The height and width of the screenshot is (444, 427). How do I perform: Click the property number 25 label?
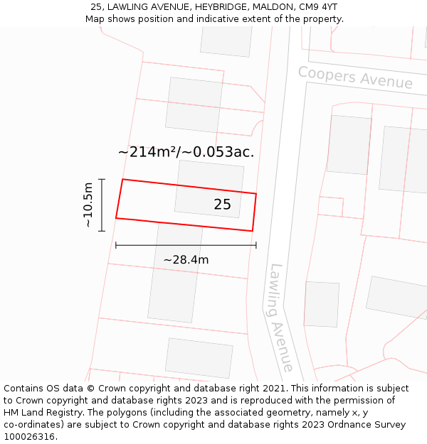222,205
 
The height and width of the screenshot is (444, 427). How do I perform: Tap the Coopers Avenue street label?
355,77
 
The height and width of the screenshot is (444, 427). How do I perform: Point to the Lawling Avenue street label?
280,318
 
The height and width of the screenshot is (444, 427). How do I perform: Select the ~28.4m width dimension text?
186,260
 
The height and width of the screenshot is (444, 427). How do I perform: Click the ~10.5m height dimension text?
88,205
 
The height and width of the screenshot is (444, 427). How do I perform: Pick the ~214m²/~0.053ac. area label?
186,152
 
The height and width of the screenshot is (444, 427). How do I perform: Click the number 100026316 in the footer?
30,436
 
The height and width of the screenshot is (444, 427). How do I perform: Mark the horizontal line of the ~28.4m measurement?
186,245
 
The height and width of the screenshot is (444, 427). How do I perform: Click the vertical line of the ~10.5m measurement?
102,205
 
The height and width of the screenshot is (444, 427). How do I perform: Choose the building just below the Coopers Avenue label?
349,144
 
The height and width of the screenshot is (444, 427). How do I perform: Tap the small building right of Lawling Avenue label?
322,304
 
